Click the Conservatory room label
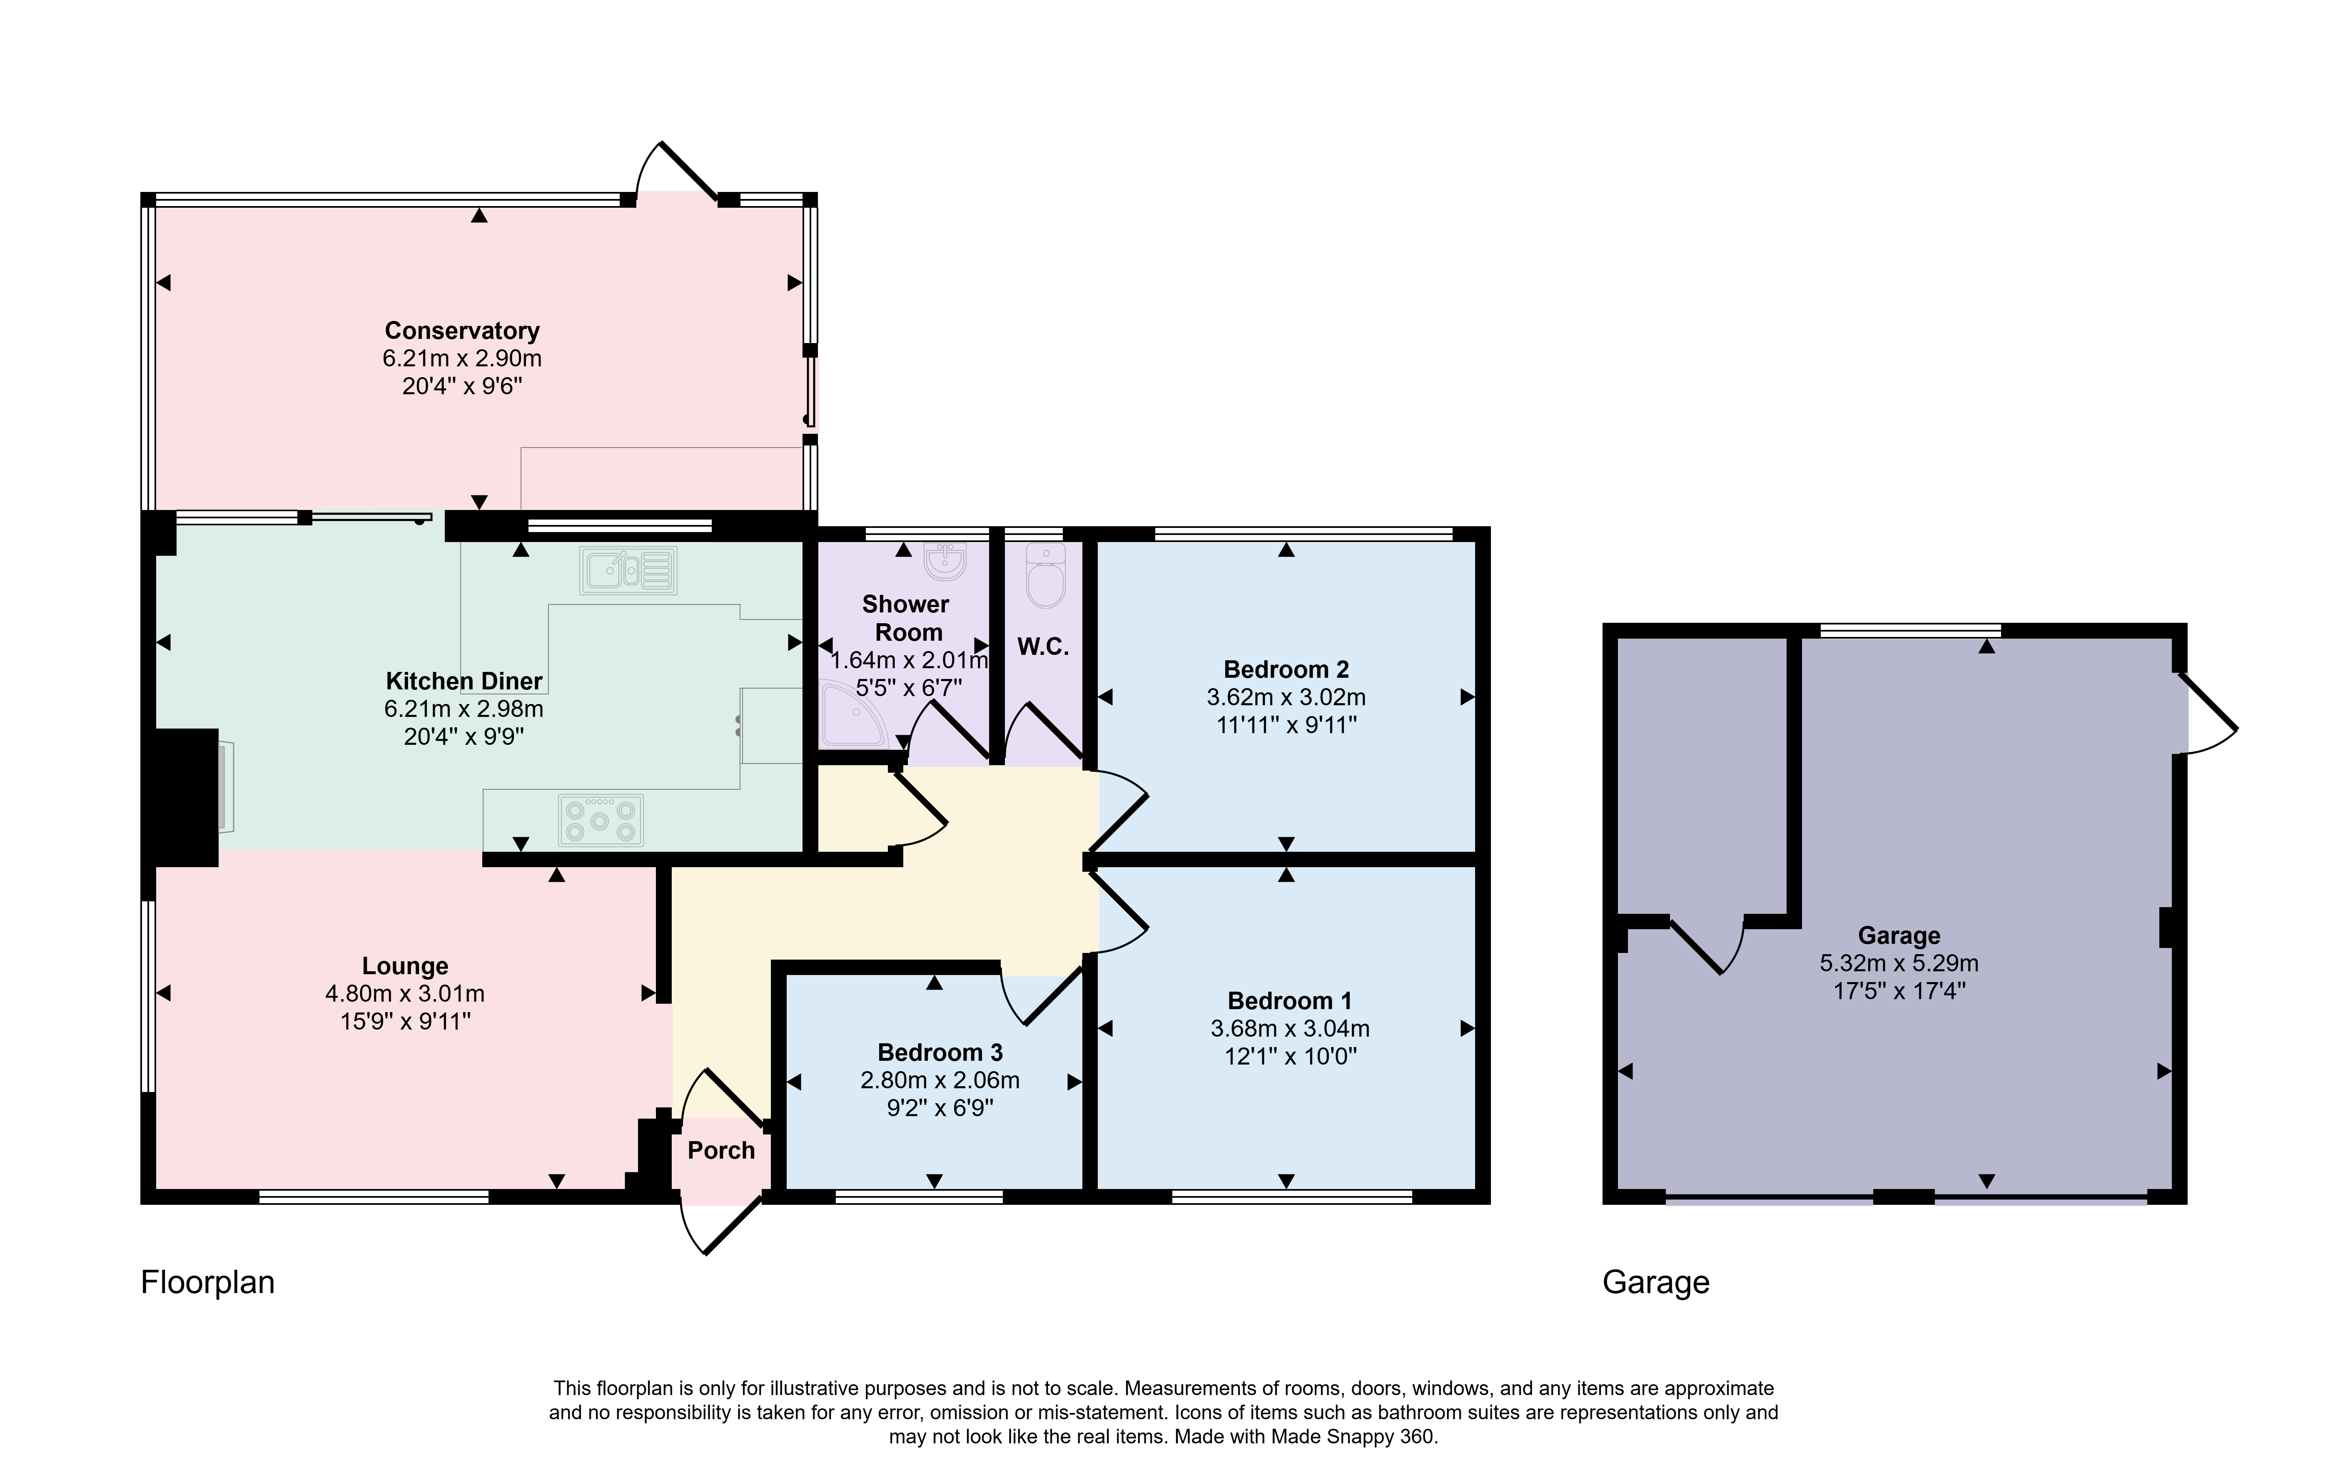click(x=462, y=331)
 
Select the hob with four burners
click(x=601, y=820)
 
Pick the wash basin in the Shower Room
click(x=945, y=561)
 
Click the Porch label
click(x=721, y=1150)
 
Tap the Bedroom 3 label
click(x=940, y=1052)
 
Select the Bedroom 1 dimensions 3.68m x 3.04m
click(x=1290, y=1029)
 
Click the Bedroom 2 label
click(x=1286, y=669)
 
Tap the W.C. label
click(x=1043, y=647)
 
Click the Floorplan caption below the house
click(x=208, y=1282)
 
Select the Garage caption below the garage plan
click(x=1656, y=1282)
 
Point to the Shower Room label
click(x=906, y=618)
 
